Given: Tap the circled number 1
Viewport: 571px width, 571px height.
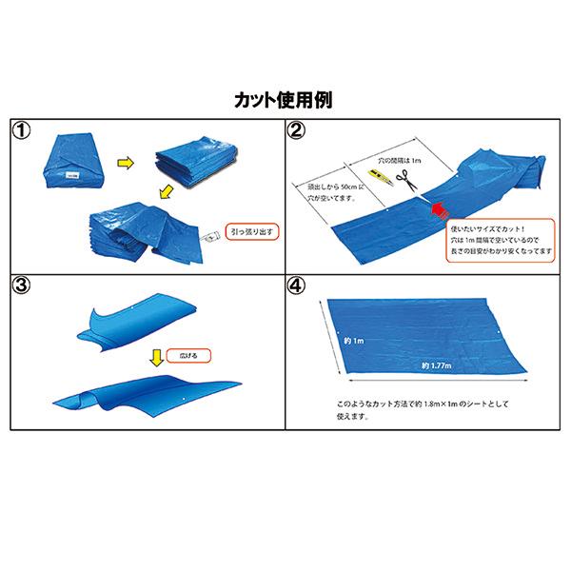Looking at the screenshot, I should tap(22, 131).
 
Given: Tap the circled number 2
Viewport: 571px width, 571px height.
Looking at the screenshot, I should tap(297, 131).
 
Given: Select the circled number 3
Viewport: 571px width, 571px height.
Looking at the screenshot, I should tap(22, 285).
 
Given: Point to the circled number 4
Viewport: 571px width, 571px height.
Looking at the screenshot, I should tap(297, 285).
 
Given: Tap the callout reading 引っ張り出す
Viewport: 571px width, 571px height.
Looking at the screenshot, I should tap(250, 230).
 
